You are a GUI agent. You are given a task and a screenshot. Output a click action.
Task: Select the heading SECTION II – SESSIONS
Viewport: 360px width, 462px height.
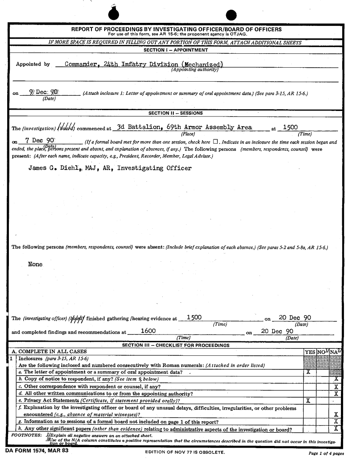point(175,113)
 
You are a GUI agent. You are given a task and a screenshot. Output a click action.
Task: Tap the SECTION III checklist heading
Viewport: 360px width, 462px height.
point(176,346)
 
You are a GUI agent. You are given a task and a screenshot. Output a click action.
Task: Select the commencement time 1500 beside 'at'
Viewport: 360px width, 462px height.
point(290,127)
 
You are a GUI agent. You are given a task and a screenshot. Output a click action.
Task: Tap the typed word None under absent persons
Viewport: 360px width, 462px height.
point(35,264)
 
